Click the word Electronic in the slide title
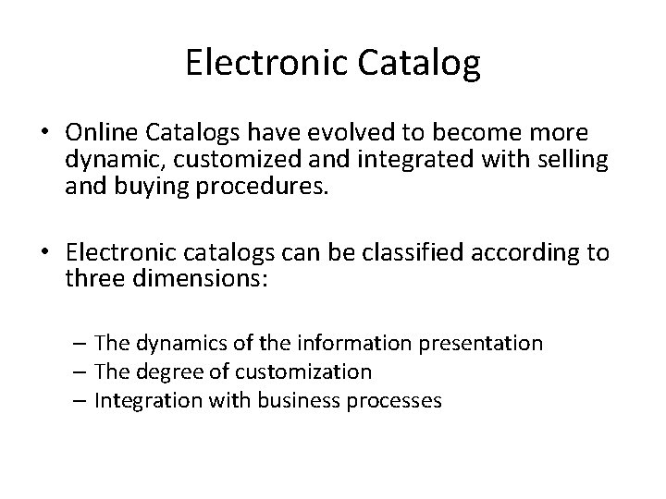(263, 64)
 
